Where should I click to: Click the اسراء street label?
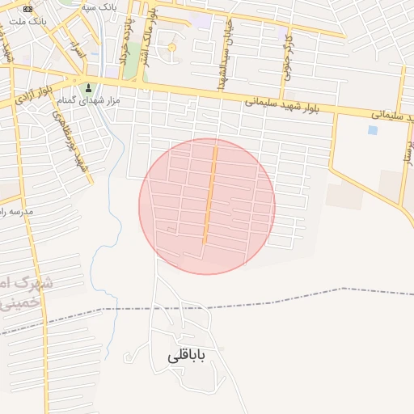76,49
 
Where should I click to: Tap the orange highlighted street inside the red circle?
209,194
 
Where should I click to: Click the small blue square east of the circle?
372,129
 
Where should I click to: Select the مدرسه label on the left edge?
16,211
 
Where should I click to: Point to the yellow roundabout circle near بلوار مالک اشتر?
171,48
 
